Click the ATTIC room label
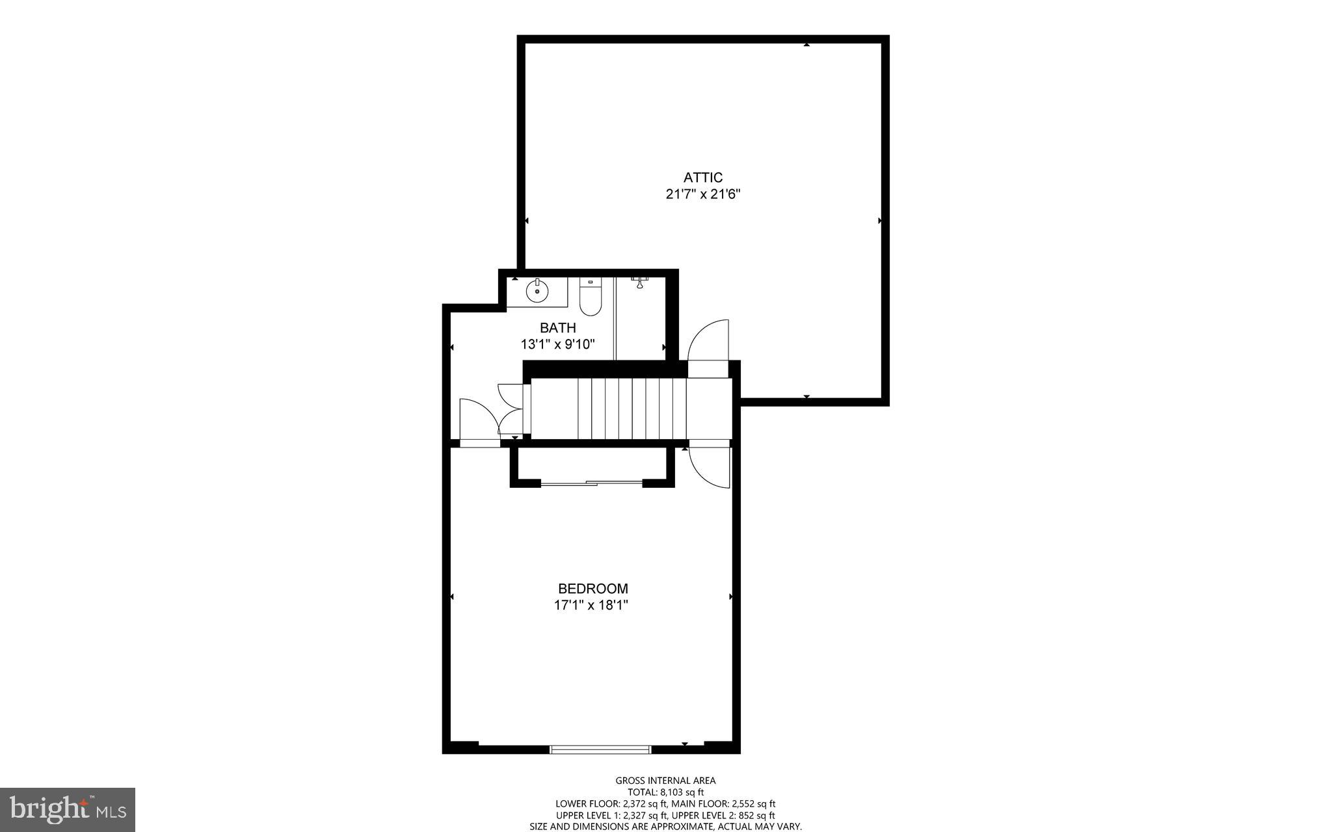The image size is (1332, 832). point(702,178)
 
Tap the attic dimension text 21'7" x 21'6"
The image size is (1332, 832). point(703,194)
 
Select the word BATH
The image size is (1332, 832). point(557,328)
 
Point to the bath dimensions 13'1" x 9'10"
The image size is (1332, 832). point(558,344)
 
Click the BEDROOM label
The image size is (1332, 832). point(593,589)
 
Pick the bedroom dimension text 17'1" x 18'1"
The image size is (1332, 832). point(591,606)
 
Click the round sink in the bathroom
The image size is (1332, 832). point(537,291)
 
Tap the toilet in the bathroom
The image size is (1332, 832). point(591,299)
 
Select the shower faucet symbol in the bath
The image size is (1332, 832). point(640,282)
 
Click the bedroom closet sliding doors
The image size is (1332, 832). point(592,483)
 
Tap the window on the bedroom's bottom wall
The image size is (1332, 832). point(600,749)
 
